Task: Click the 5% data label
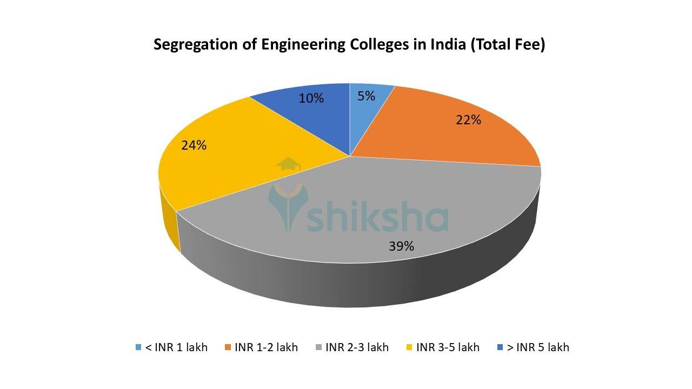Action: (x=366, y=96)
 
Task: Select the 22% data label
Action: (x=468, y=120)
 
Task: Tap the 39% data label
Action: (x=401, y=246)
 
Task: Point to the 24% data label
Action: (x=194, y=145)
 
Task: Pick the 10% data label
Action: (x=311, y=98)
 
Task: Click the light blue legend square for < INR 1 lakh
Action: (x=138, y=347)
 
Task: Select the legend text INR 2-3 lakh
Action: (x=357, y=347)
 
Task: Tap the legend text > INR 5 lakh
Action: (x=537, y=347)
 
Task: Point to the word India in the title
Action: (x=448, y=44)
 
